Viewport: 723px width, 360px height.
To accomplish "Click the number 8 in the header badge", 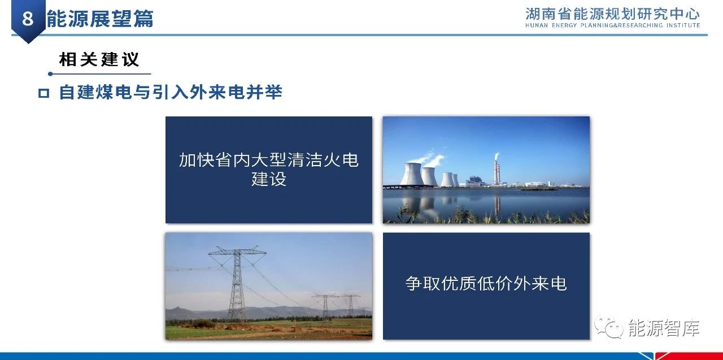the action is [28, 18].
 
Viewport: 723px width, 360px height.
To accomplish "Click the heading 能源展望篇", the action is [100, 19].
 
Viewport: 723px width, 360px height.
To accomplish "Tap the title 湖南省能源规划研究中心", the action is [612, 14].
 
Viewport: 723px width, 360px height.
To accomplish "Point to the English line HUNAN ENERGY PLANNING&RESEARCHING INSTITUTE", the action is [613, 25].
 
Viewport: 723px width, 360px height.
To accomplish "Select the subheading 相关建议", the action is [99, 59].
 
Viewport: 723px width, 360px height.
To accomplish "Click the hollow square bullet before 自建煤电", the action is [43, 93].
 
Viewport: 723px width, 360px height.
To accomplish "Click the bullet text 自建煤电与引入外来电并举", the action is [171, 92].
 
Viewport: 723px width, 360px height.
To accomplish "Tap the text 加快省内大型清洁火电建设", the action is [269, 170].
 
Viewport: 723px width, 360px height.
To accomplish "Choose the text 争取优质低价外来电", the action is [486, 284].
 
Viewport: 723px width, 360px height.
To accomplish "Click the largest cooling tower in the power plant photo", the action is [412, 175].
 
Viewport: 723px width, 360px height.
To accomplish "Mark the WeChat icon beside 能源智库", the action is [609, 327].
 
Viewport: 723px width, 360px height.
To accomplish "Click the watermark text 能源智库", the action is [664, 328].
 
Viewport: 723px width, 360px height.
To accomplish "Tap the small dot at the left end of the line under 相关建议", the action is [50, 74].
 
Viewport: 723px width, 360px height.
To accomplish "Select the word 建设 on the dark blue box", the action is [269, 179].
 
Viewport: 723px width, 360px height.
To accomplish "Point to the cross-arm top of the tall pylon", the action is [238, 251].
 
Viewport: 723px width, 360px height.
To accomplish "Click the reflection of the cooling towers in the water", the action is [420, 204].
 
